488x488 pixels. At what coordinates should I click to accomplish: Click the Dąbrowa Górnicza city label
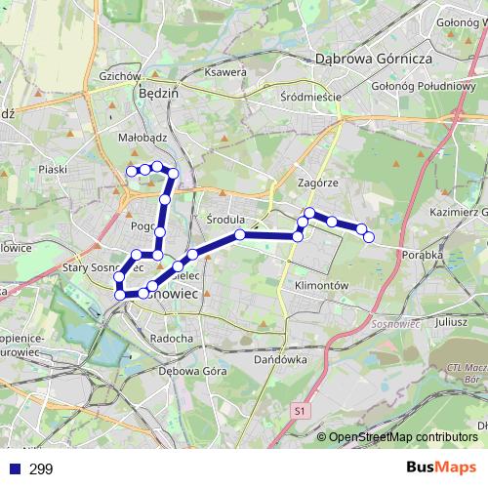(x=374, y=59)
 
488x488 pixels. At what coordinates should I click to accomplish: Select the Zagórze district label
(x=317, y=183)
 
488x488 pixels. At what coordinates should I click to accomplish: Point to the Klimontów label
(x=320, y=285)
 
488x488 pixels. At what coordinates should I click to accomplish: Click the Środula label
(x=226, y=220)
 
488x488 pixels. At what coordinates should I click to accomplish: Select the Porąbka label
(x=422, y=255)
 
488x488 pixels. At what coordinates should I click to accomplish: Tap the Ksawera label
(x=225, y=72)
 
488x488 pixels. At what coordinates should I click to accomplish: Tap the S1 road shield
(x=298, y=413)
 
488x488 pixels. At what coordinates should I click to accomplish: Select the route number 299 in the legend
(x=41, y=469)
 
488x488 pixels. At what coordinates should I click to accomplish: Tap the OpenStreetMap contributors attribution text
(x=403, y=437)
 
